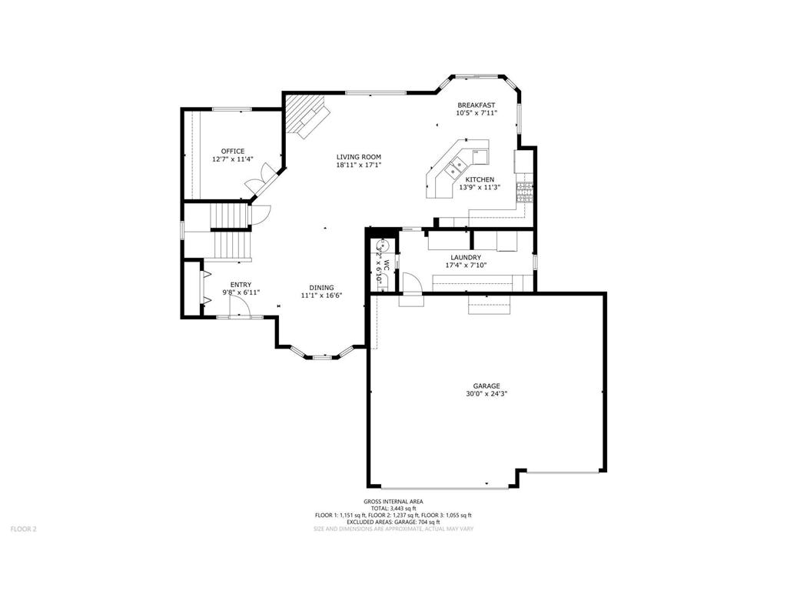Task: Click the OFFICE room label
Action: click(x=232, y=151)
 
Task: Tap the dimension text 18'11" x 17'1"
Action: click(x=358, y=165)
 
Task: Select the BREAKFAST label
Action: click(x=477, y=105)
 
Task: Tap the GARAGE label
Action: click(x=486, y=386)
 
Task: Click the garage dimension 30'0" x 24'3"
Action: click(x=486, y=394)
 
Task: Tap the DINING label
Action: click(x=321, y=287)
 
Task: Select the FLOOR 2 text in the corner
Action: click(x=23, y=529)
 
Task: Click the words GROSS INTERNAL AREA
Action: click(x=393, y=501)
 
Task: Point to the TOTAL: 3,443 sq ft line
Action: click(x=393, y=508)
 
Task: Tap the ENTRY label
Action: click(x=241, y=285)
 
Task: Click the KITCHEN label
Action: click(x=480, y=179)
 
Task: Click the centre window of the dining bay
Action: click(x=324, y=356)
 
